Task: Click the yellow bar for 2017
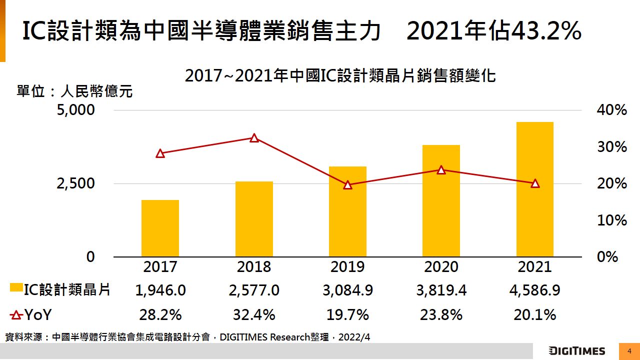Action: coord(160,228)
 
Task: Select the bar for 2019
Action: coord(347,211)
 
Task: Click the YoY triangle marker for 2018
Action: coord(254,138)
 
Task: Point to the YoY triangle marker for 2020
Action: coord(441,170)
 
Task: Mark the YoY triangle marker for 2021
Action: coord(535,183)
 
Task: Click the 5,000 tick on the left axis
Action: coord(75,110)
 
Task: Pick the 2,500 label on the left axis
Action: coord(75,183)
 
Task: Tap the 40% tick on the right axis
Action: coord(611,110)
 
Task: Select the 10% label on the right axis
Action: coord(611,220)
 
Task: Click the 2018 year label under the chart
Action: coord(254,267)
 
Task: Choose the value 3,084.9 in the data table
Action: coord(347,290)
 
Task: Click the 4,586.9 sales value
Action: coord(535,290)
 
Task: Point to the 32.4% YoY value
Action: coord(254,315)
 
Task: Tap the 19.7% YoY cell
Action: coord(347,315)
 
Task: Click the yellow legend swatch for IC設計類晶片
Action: coord(16,288)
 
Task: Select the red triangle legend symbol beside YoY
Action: coord(16,315)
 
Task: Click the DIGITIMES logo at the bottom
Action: coord(577,351)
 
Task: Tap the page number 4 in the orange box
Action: coord(629,351)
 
